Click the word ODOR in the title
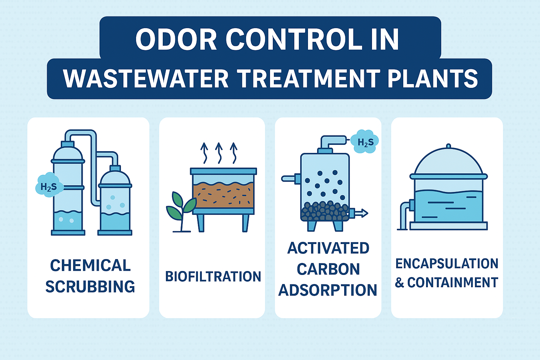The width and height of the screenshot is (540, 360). (176, 39)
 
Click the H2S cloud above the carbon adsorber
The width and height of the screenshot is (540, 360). (365, 142)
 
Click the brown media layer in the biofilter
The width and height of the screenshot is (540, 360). (223, 195)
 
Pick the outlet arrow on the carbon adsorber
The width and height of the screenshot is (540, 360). (361, 213)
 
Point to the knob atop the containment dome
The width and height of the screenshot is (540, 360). (448, 146)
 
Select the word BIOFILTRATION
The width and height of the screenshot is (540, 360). (213, 277)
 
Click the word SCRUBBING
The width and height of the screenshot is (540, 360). (90, 287)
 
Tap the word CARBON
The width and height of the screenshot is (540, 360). (328, 269)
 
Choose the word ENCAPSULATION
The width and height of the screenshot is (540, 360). (447, 263)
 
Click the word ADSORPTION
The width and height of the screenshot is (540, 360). (328, 290)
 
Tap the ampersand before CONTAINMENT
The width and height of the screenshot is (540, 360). (399, 283)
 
